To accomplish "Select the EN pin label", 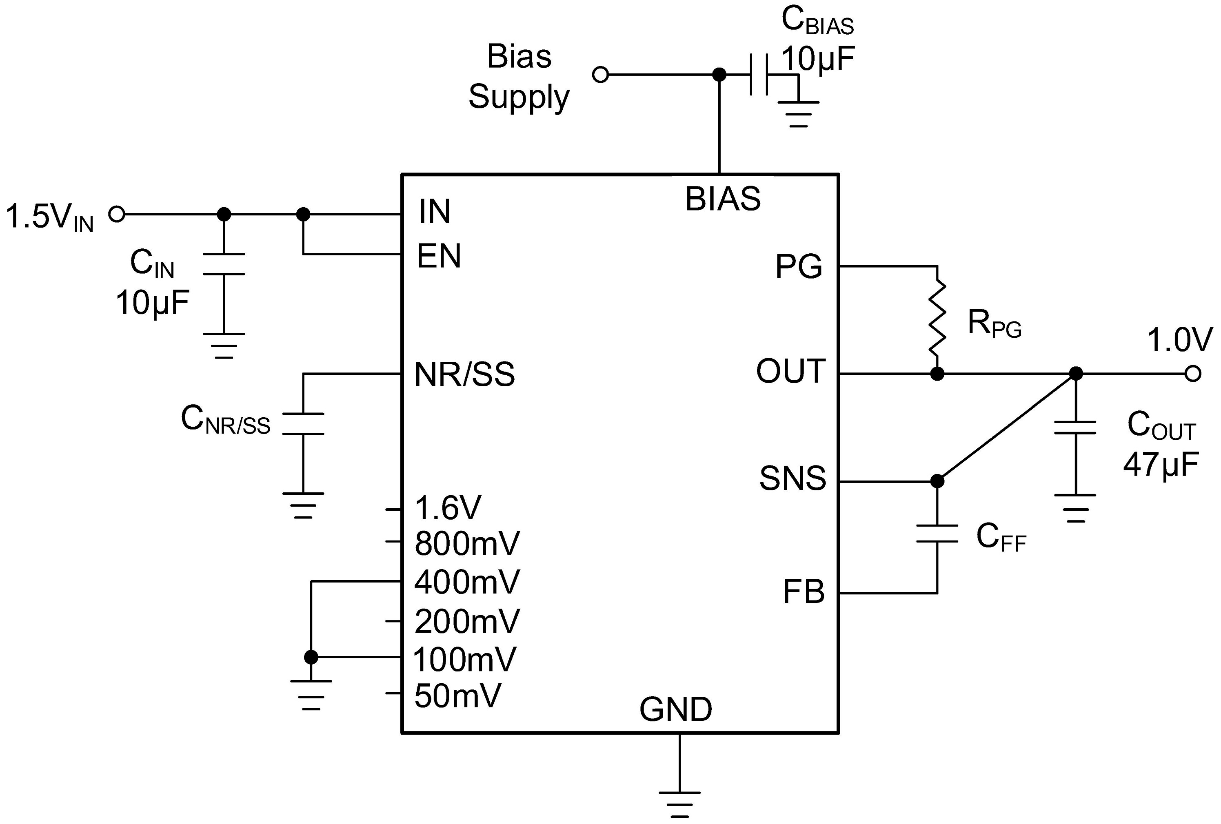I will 439,256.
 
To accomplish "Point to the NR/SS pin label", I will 464,374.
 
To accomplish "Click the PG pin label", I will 799,267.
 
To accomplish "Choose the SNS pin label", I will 792,478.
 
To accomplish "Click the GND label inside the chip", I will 676,709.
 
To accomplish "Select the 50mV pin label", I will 457,696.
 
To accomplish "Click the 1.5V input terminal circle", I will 117,214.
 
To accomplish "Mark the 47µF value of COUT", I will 1161,464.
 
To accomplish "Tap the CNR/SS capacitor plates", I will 303,424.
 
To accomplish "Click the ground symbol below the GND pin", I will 679,804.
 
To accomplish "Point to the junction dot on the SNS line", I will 937,481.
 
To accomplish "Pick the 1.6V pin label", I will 448,508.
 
